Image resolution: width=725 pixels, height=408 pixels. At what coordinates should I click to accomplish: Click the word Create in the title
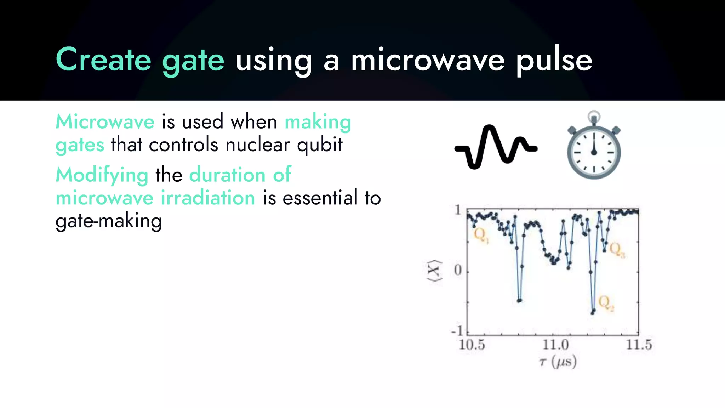[103, 59]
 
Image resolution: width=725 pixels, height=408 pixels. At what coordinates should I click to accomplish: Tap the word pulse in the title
[554, 61]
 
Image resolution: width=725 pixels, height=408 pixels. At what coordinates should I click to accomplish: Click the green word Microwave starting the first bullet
[105, 122]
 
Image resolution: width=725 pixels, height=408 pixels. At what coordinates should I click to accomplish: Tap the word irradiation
[208, 198]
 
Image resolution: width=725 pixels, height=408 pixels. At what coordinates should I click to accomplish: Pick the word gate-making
[109, 222]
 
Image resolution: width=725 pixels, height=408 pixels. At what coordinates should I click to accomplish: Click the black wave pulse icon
[496, 147]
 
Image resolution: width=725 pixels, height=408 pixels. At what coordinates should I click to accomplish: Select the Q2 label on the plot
[606, 304]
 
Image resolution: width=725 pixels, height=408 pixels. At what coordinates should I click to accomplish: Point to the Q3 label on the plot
[617, 250]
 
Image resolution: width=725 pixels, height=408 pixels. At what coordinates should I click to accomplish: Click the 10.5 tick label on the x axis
[472, 345]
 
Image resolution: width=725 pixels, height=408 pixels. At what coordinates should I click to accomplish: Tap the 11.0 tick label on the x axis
[555, 345]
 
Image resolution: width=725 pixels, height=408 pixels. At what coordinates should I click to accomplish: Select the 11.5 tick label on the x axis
[639, 345]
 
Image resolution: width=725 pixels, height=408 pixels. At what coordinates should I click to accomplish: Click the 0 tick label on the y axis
[458, 271]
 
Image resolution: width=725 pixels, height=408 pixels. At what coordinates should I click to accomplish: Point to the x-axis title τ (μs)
[558, 362]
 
